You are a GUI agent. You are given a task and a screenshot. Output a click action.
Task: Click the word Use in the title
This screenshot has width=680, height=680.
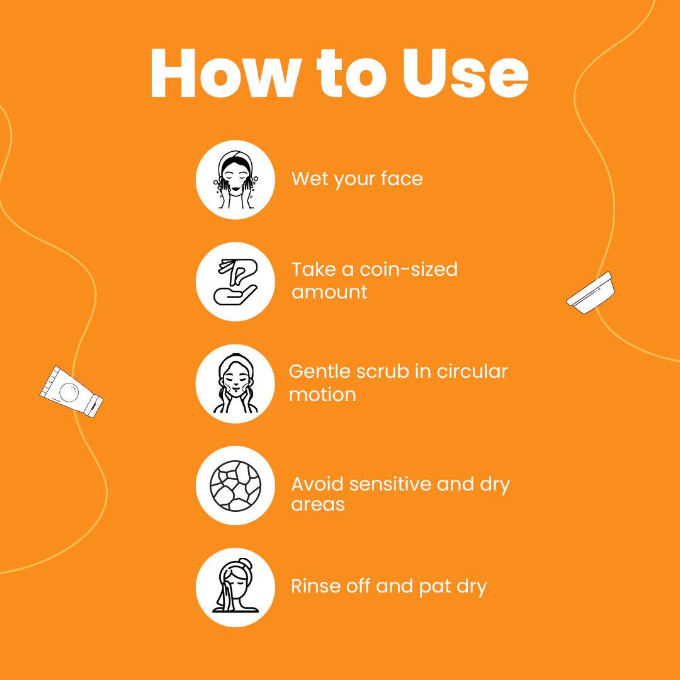coord(465,73)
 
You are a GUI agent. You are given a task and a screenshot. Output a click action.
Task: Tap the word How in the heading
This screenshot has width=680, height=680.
coord(225,73)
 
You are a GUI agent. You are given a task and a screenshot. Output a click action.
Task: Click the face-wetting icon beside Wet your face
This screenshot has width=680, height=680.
coord(235,179)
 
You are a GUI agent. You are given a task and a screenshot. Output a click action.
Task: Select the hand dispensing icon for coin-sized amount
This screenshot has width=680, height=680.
coord(235,282)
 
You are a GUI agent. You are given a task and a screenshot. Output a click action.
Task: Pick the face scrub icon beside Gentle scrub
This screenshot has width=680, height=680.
coord(235,383)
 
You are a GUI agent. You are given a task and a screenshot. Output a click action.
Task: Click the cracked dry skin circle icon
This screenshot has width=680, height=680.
coord(235,485)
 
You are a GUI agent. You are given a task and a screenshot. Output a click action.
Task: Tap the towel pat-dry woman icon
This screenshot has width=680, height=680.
coord(235,587)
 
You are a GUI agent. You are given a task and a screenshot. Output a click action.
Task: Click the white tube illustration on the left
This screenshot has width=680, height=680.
coord(72,392)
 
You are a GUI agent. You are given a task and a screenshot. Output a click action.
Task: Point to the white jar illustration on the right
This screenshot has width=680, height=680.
coord(590,293)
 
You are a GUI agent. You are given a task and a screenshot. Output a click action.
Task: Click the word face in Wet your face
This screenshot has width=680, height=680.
coord(402,179)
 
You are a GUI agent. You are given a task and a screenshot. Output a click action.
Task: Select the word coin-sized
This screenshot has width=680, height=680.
coord(409,269)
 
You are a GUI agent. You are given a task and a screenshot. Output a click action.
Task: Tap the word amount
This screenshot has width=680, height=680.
coord(329,292)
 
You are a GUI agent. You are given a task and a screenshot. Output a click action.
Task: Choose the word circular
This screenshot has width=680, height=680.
coord(472,371)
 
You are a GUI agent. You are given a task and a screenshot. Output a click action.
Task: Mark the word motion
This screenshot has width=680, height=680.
coord(322,395)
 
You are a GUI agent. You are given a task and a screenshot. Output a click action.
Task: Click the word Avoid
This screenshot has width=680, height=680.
coord(318,484)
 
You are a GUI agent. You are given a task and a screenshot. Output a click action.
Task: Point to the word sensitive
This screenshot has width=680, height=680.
coord(390,484)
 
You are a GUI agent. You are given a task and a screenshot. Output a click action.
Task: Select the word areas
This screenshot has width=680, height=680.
coord(318,504)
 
